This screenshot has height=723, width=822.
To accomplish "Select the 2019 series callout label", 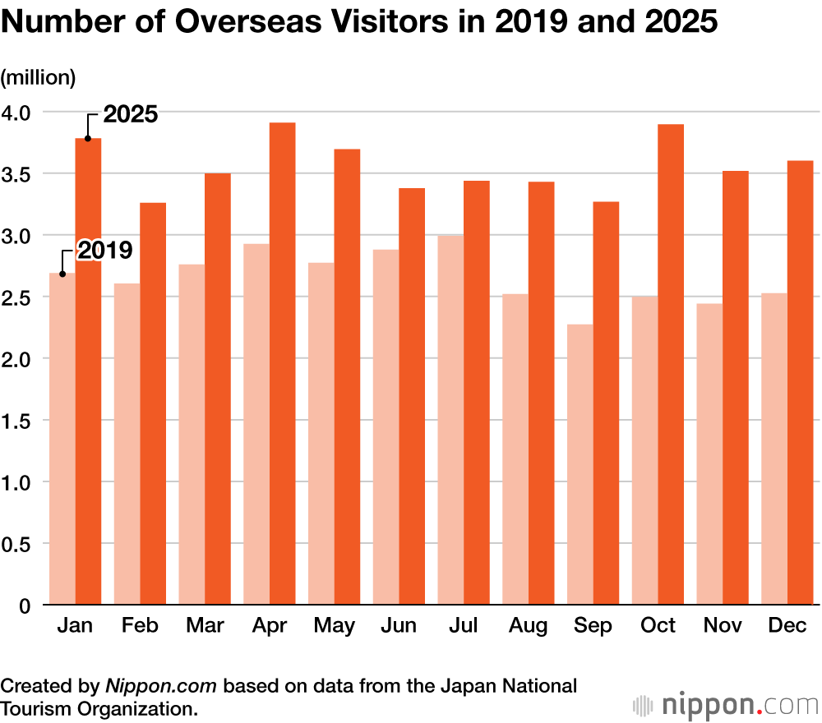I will [x=104, y=250].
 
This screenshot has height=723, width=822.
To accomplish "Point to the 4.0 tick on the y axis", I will [x=19, y=112].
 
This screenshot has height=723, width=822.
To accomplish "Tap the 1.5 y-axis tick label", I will [x=19, y=421].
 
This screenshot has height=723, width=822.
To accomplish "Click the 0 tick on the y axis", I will [x=25, y=606].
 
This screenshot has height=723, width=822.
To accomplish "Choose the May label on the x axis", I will [x=335, y=626].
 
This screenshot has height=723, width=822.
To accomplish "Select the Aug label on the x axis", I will [x=528, y=626].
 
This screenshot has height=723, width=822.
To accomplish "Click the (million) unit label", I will [x=38, y=78].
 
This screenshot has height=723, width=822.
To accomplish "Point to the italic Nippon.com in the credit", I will [x=162, y=685].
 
